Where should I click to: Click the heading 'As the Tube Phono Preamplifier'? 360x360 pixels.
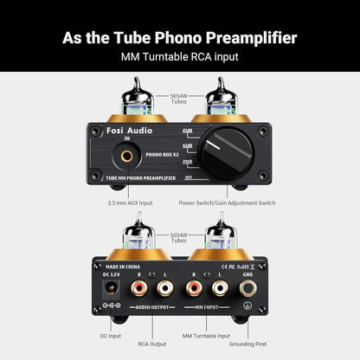point(180,38)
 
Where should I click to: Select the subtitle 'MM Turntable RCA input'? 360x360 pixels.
point(180,59)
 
